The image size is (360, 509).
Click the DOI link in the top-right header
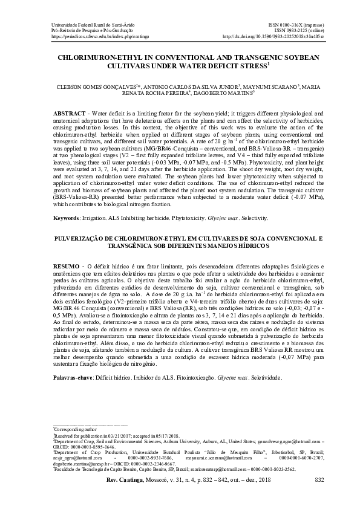click(273, 36)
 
